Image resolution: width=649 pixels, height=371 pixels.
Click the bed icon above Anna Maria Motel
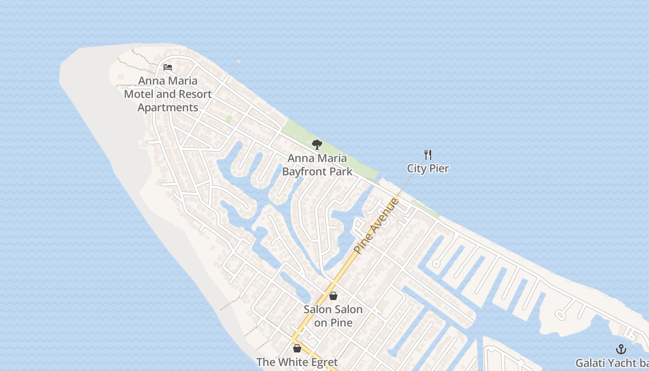pos(168,67)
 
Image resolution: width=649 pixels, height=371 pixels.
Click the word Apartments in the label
pos(168,108)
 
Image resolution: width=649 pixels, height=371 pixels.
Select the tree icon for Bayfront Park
pos(317,145)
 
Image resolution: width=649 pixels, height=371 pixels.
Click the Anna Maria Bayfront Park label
pos(317,165)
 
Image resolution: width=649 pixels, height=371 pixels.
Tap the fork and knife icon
pos(428,155)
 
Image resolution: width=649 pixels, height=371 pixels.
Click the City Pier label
pos(428,168)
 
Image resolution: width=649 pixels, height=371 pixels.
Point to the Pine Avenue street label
pos(376,225)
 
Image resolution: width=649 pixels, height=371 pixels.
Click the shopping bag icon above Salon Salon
pos(333,296)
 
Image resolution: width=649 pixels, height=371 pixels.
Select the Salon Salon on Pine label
pos(333,316)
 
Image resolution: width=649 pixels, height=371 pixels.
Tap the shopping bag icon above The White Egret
pos(297,348)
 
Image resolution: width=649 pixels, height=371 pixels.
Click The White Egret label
pos(297,362)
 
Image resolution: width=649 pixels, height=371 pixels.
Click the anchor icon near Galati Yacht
pos(621,349)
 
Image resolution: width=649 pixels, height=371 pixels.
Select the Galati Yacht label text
pos(612,363)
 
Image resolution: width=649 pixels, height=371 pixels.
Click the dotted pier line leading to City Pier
pos(410,179)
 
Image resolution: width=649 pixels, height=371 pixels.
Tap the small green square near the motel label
pos(229,119)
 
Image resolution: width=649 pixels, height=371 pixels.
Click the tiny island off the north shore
pos(238,61)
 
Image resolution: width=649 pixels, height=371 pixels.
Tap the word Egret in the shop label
pos(321,362)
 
